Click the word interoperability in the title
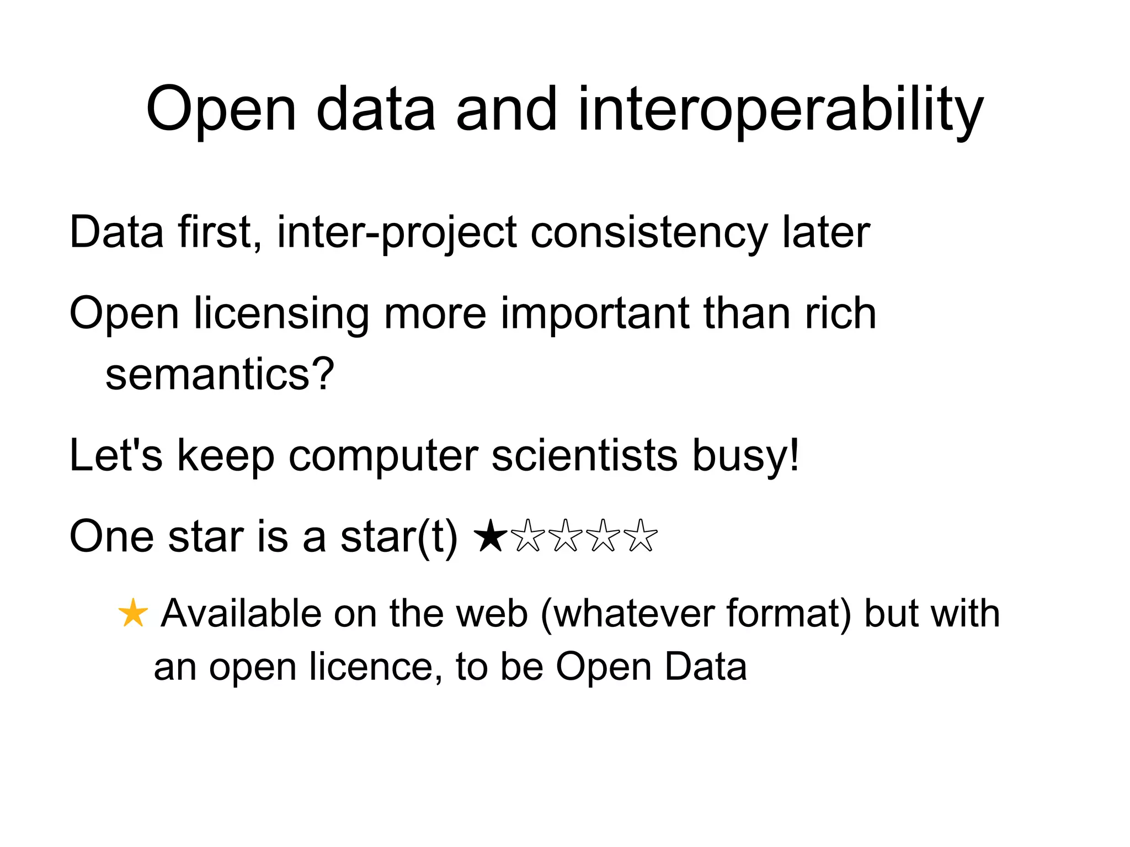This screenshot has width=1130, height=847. coord(780,110)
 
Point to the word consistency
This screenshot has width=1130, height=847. coord(649,233)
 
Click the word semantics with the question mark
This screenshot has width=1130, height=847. coord(220,374)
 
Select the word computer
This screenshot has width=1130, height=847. coord(383,456)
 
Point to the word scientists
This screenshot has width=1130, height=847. coord(584,456)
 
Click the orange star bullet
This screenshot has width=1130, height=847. coord(133,614)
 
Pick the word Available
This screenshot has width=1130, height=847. coord(241,614)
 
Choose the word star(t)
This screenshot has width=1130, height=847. coord(398,537)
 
